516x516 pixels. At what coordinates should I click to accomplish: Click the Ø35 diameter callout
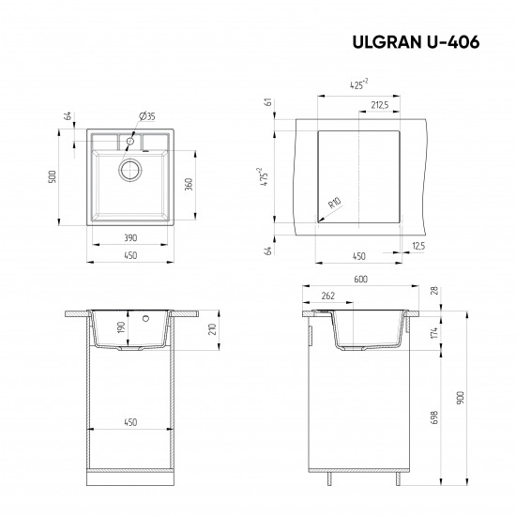[x=147, y=115]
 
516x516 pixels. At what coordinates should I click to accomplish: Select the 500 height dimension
[x=54, y=176]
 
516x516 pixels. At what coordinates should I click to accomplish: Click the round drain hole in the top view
[x=129, y=170]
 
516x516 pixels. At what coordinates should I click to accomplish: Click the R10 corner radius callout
[x=333, y=203]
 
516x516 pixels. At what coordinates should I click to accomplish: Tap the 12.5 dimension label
[x=417, y=246]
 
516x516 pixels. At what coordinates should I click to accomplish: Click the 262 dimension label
[x=327, y=296]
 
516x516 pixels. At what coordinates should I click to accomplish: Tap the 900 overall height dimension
[x=459, y=398]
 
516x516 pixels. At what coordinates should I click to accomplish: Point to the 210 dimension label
[x=213, y=329]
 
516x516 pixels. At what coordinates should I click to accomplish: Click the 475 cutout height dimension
[x=267, y=176]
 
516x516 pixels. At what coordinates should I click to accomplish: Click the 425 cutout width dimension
[x=357, y=84]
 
